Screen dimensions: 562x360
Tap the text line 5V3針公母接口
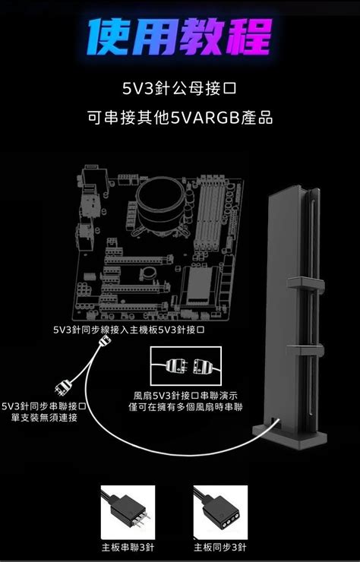(179, 89)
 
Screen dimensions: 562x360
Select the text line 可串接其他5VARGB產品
(179, 118)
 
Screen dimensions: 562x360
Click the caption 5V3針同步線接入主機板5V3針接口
(129, 330)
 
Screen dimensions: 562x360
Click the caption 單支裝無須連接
(44, 418)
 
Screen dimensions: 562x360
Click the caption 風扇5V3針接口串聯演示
(185, 396)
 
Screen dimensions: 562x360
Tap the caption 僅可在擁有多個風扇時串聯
(185, 407)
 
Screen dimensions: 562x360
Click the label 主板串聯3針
(128, 547)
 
